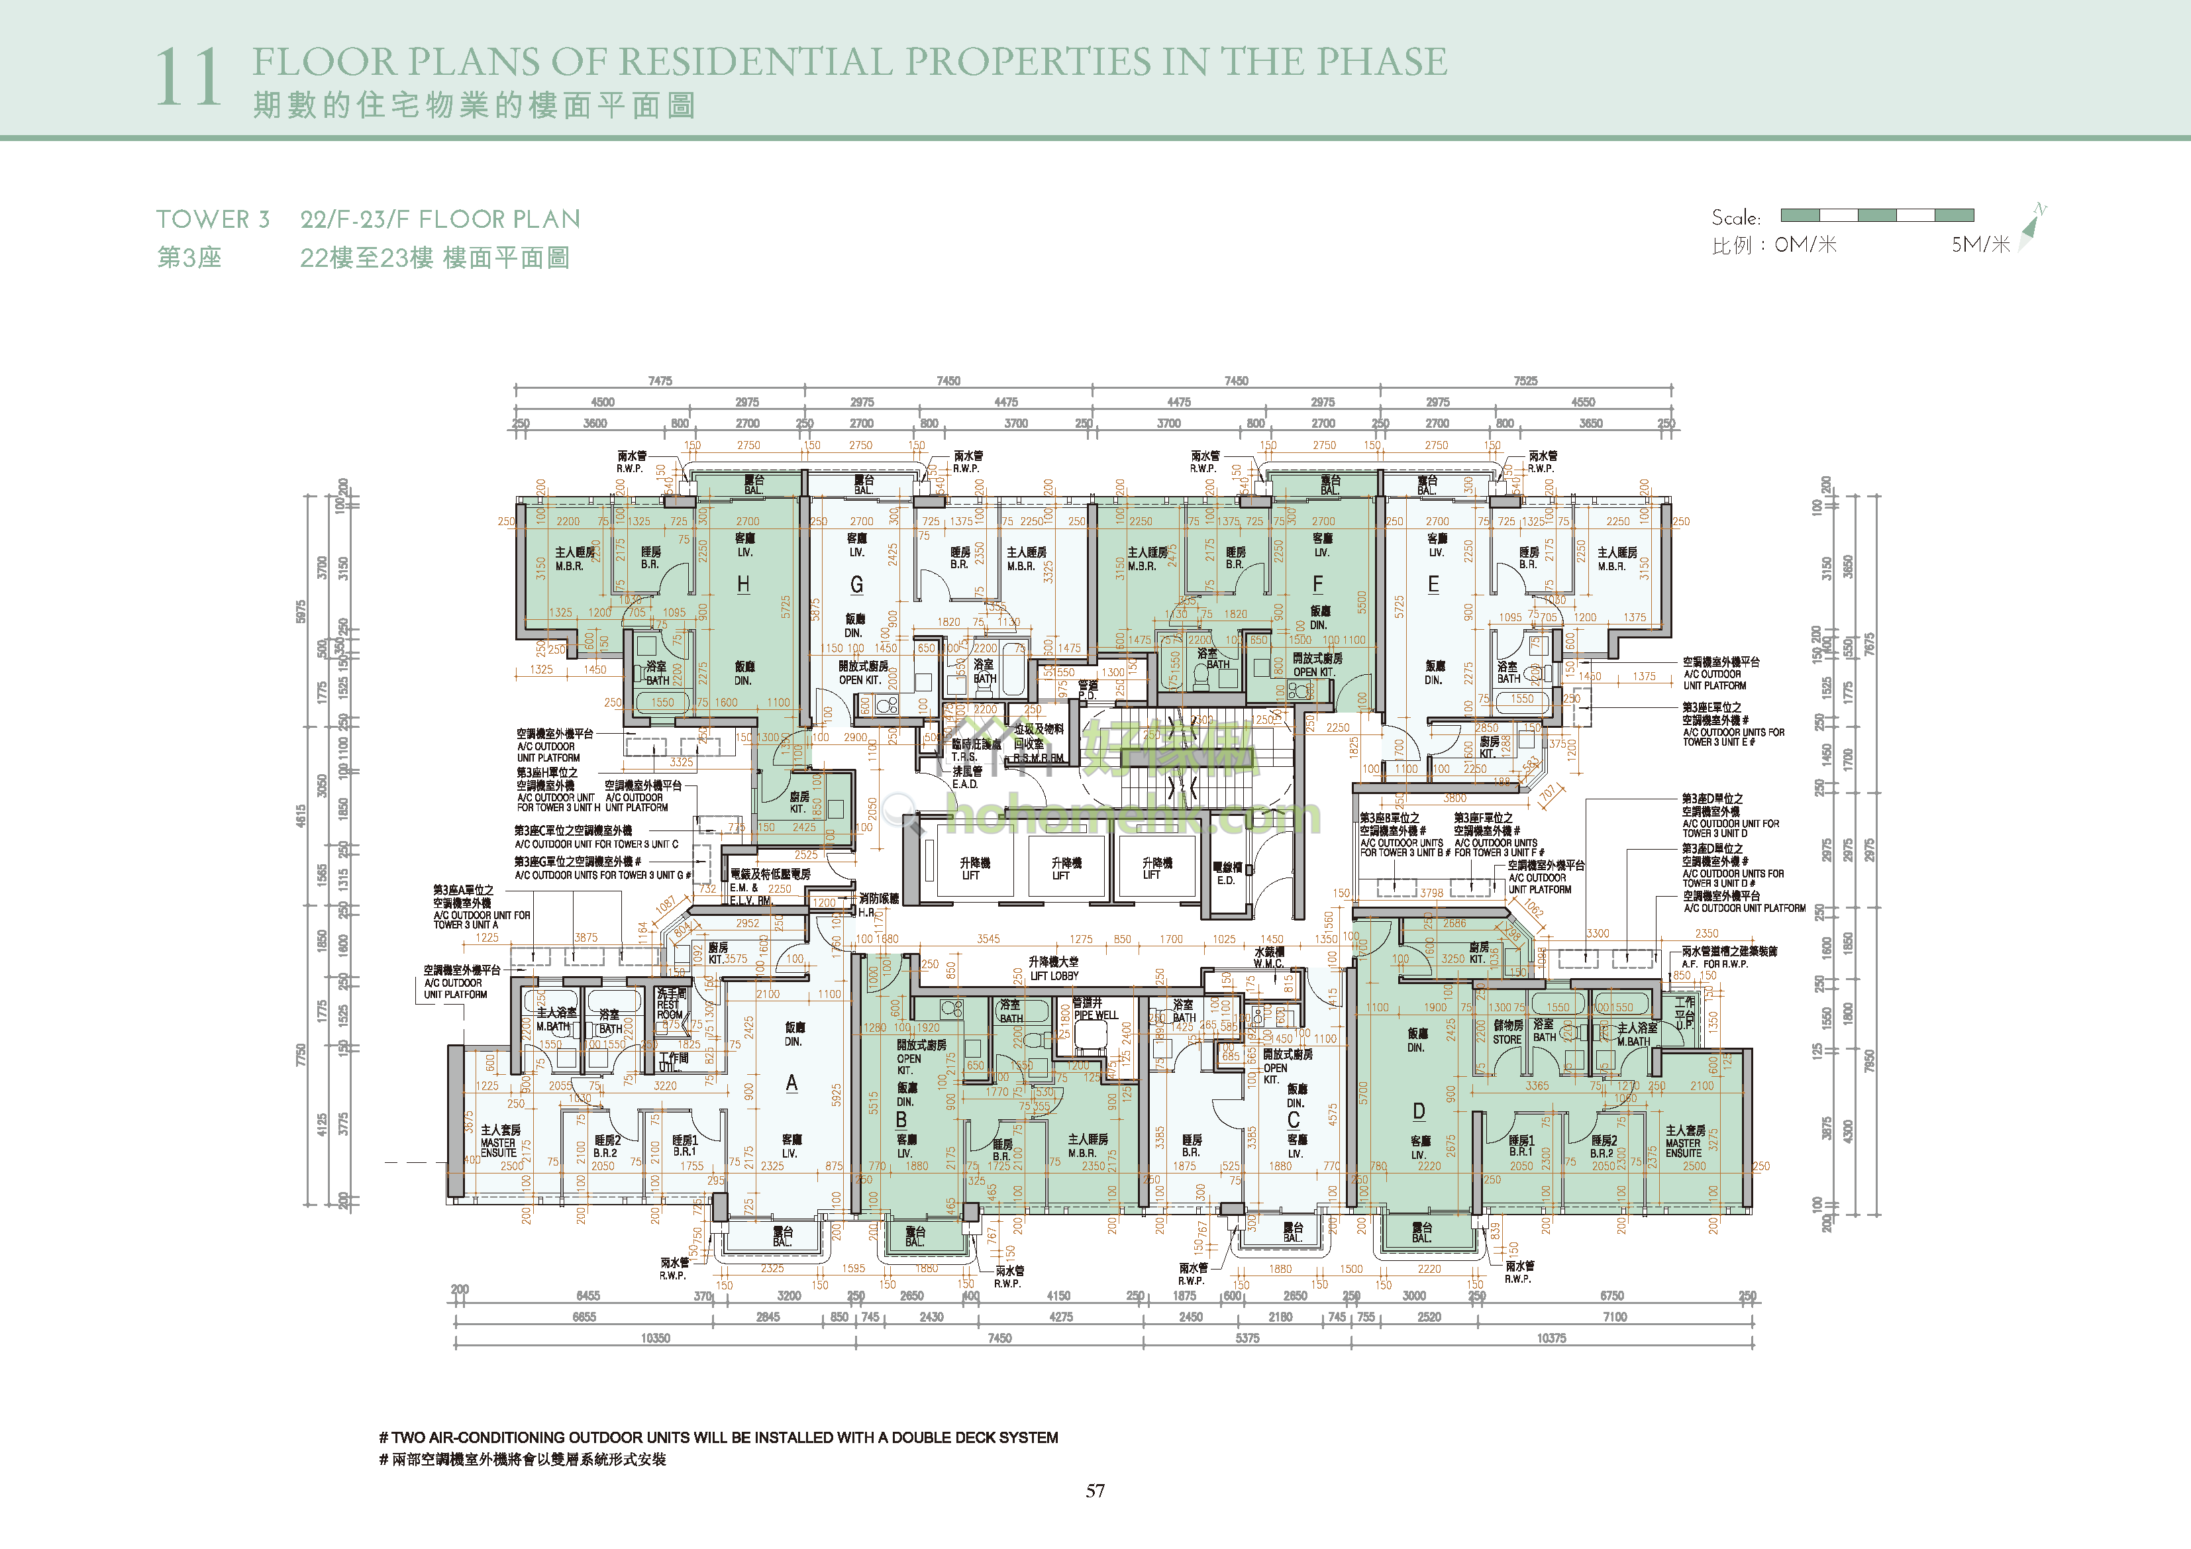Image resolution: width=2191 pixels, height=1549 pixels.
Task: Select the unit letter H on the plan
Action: tap(742, 584)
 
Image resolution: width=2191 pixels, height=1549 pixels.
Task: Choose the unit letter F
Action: tap(1318, 584)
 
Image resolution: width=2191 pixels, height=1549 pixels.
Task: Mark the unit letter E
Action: tap(1433, 584)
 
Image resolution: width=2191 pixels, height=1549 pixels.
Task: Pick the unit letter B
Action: tap(901, 1119)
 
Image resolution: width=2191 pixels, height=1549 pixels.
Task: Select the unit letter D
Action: tap(1418, 1111)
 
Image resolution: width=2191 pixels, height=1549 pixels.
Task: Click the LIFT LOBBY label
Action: tap(1054, 975)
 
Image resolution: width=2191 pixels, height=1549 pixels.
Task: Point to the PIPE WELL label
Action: tap(1095, 1015)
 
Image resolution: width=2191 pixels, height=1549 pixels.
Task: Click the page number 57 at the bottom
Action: tap(1095, 1491)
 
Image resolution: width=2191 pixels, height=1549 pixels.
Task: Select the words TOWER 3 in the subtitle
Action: tap(213, 219)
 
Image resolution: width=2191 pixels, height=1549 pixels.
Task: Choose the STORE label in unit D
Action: tap(1507, 1039)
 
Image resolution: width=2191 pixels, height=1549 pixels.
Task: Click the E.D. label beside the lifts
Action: tap(1225, 880)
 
